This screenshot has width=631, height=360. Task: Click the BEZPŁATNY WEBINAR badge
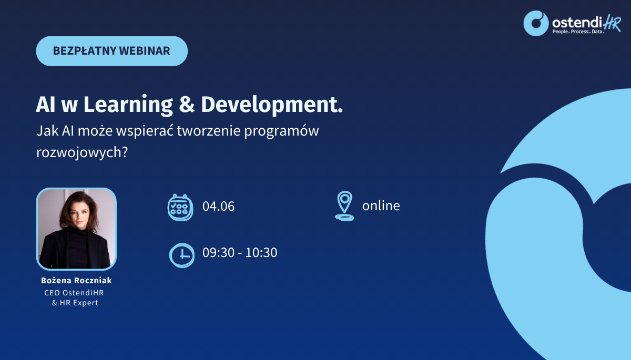point(112,51)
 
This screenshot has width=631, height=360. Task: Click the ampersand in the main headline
point(187,105)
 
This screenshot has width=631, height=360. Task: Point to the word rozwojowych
point(82,152)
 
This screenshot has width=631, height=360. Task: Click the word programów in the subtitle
point(281,131)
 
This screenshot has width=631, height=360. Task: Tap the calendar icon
point(180,208)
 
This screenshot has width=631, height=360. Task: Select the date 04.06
point(218,206)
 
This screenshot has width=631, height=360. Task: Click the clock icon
point(182,255)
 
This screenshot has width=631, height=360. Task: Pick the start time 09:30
point(218,252)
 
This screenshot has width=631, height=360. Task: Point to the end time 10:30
point(261,252)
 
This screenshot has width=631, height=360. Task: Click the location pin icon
point(344,206)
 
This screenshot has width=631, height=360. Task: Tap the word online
point(381,206)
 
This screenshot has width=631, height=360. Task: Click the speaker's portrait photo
point(76,229)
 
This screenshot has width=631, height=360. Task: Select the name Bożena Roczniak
point(76,280)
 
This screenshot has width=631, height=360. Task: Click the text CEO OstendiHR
point(74,293)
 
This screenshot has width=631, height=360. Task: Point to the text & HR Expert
point(75,303)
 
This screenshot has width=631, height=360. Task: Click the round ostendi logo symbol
point(536,23)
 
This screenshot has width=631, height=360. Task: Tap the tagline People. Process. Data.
point(578,32)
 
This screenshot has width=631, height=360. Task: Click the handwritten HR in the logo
point(612,23)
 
